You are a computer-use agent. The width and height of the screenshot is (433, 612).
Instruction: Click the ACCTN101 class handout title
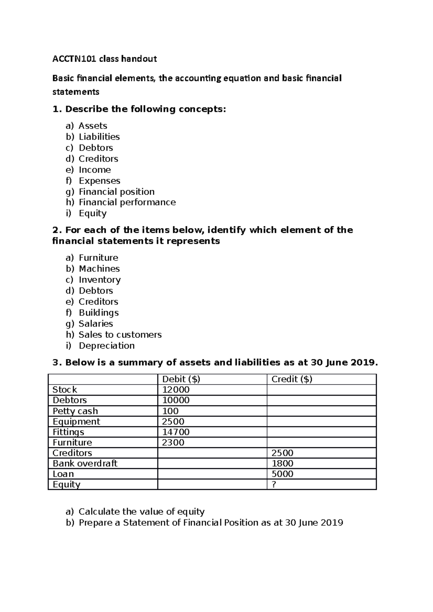105,59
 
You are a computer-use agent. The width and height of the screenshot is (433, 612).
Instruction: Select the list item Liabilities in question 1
99,137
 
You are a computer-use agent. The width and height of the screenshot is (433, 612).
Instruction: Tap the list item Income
95,170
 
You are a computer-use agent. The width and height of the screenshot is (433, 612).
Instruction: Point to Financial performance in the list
127,202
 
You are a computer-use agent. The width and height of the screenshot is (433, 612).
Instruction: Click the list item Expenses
99,181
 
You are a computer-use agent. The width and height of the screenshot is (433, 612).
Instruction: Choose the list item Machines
99,269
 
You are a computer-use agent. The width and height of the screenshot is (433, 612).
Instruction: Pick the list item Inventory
100,280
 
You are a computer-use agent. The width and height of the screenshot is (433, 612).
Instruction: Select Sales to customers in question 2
120,334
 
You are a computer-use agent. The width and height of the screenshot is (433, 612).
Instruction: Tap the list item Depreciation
106,346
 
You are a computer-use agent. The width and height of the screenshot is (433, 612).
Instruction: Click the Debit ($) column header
181,379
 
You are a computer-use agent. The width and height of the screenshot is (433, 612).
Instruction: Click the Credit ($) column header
292,379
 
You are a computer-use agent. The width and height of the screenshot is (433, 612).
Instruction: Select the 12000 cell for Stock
176,390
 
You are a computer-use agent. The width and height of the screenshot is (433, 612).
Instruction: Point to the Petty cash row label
75,411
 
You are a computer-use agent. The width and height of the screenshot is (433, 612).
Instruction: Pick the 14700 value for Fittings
176,432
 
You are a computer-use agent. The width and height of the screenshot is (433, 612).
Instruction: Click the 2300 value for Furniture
173,442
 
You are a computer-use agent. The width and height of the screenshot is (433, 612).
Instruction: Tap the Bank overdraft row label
85,463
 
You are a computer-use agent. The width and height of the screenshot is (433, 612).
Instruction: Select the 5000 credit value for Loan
282,474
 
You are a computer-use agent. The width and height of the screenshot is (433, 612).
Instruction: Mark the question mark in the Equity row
274,484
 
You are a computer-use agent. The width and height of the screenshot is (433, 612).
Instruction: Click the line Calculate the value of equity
141,511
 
